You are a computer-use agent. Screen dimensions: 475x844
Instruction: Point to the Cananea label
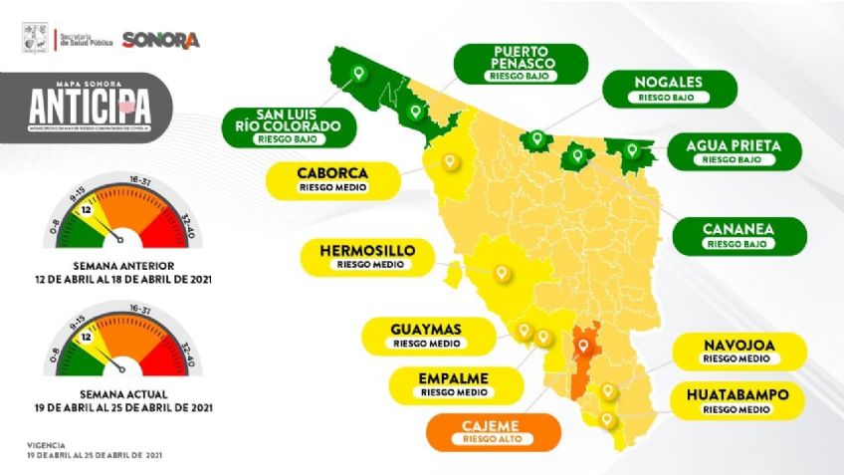tap(738, 235)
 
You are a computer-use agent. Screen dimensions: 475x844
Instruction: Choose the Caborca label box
tap(332, 178)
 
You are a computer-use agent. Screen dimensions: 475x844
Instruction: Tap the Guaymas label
tap(426, 335)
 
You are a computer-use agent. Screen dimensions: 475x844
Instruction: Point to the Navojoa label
tap(737, 350)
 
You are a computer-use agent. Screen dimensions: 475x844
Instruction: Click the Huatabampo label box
tap(737, 401)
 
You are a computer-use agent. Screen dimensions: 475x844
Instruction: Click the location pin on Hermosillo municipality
tap(503, 271)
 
